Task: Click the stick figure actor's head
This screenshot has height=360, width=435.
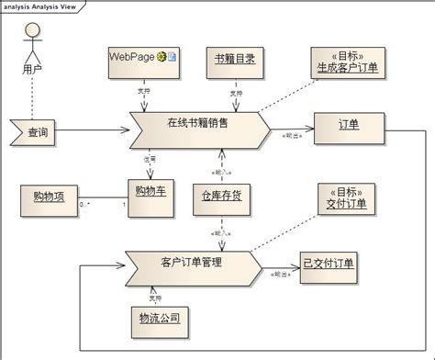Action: [x=34, y=29]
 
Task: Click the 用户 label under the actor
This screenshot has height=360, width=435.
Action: [x=34, y=69]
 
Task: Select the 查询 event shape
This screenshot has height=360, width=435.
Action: [x=36, y=133]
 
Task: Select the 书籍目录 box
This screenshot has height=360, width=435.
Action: [x=234, y=60]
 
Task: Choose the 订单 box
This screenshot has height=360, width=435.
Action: [x=348, y=126]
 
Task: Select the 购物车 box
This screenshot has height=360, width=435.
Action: [x=150, y=193]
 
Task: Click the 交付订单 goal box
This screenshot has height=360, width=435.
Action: [x=345, y=197]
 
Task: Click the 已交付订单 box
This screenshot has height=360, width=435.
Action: [x=328, y=263]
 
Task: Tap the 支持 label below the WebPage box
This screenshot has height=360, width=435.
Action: [x=142, y=90]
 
